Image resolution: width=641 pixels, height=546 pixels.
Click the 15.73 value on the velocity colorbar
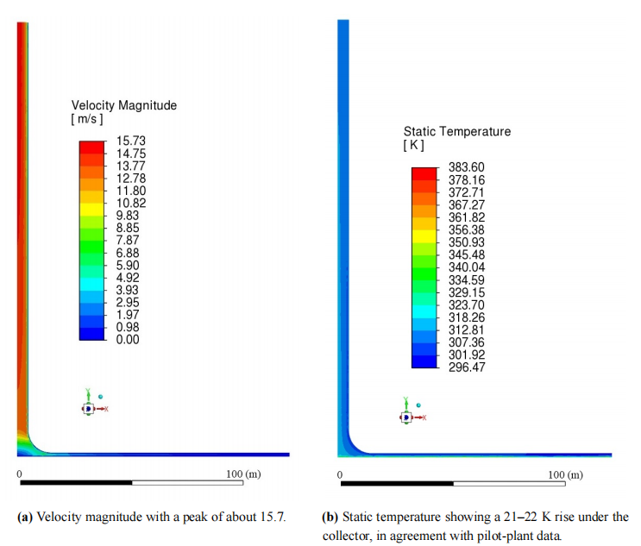131,141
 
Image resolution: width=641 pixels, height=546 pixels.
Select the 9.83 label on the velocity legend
128,216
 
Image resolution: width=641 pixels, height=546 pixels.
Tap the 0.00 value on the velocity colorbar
128,339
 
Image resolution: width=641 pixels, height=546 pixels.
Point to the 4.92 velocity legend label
128,278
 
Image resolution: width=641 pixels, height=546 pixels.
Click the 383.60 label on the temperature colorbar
467,167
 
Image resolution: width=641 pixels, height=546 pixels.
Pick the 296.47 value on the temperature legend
467,367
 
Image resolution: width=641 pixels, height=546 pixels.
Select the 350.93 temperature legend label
467,242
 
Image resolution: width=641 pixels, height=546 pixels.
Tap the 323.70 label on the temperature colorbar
467,304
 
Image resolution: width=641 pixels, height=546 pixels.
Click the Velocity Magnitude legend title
124,105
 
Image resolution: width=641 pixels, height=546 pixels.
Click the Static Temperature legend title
457,131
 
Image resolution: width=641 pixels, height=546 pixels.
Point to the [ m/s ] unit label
86,119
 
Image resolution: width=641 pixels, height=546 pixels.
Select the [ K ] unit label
414,145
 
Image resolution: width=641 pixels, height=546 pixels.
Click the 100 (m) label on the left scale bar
243,474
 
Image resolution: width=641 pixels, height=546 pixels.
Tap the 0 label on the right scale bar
340,475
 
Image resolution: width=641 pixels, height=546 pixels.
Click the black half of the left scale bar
76,483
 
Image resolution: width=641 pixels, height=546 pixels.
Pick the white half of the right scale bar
509,484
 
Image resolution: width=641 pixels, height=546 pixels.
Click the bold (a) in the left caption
24,517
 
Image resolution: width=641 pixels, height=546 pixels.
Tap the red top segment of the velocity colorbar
91,147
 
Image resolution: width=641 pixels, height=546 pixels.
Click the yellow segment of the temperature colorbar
424,236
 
